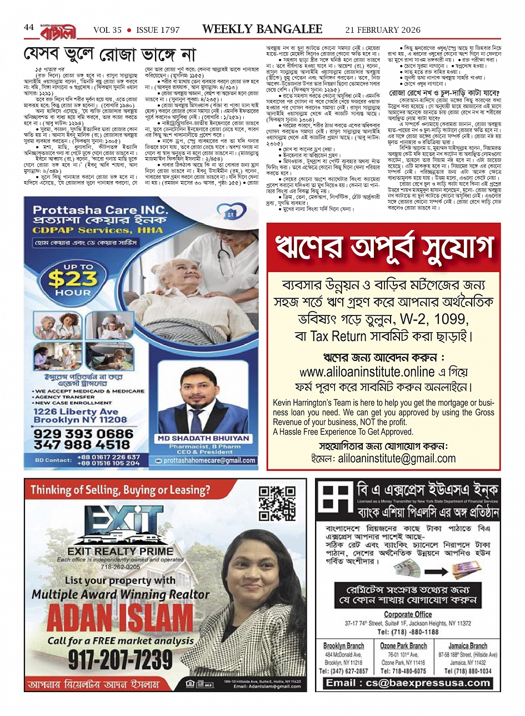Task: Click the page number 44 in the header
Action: pos(29,27)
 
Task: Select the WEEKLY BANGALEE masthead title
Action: pos(262,29)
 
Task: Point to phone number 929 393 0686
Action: pos(83,434)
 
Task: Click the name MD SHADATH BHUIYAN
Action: pos(203,438)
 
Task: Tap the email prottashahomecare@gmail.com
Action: pos(209,460)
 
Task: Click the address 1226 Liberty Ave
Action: pos(76,412)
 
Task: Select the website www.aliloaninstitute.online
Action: pos(367,372)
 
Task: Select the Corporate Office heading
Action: pos(408,614)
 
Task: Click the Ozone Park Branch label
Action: pos(403,646)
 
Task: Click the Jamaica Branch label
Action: pos(467,646)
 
